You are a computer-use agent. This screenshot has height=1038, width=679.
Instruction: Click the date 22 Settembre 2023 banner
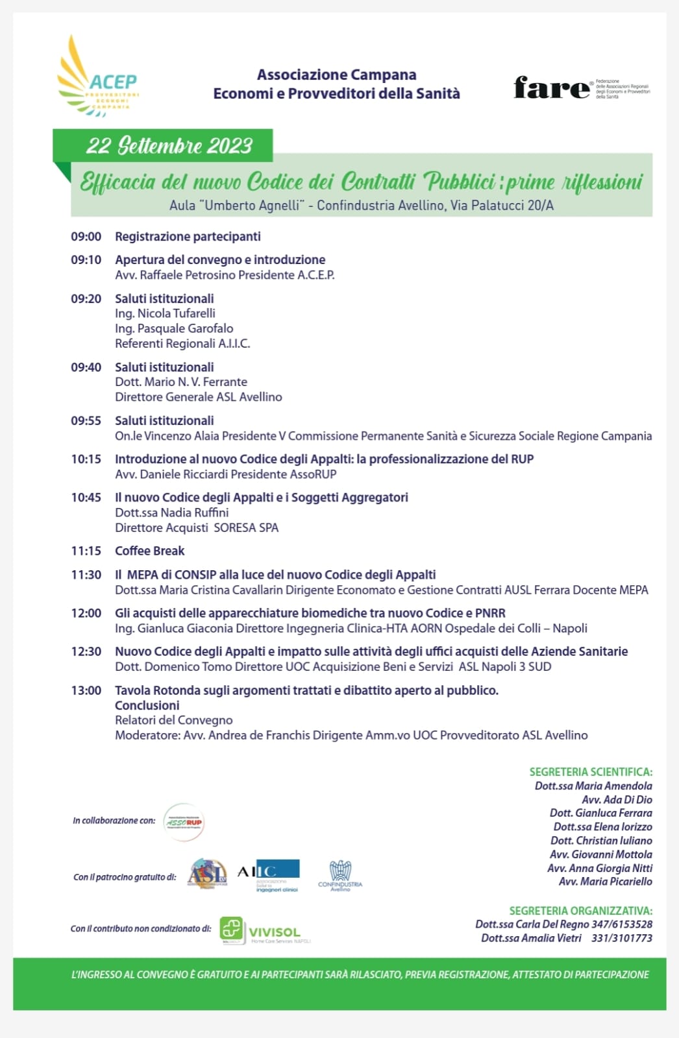169,145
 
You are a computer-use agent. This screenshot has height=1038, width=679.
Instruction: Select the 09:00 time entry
86,237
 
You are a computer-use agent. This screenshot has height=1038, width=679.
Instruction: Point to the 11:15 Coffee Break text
149,551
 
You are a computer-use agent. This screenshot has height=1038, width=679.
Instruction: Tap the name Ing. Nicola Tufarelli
165,313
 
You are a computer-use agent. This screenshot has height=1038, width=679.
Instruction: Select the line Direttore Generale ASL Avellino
198,397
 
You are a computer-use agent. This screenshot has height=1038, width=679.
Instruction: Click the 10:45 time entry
86,498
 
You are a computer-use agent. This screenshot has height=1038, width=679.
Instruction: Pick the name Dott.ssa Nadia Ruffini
171,513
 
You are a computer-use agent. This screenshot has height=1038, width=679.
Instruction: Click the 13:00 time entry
86,690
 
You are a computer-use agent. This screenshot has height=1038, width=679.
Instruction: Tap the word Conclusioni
147,705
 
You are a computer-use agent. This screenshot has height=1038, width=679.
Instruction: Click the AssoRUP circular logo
184,822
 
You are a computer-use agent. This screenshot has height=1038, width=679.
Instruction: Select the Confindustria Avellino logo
340,876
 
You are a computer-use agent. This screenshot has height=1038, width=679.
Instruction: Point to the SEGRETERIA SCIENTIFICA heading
591,772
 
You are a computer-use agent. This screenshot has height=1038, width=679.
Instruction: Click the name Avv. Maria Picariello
605,882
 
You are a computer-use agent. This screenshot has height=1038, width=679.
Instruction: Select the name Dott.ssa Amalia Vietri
531,938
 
